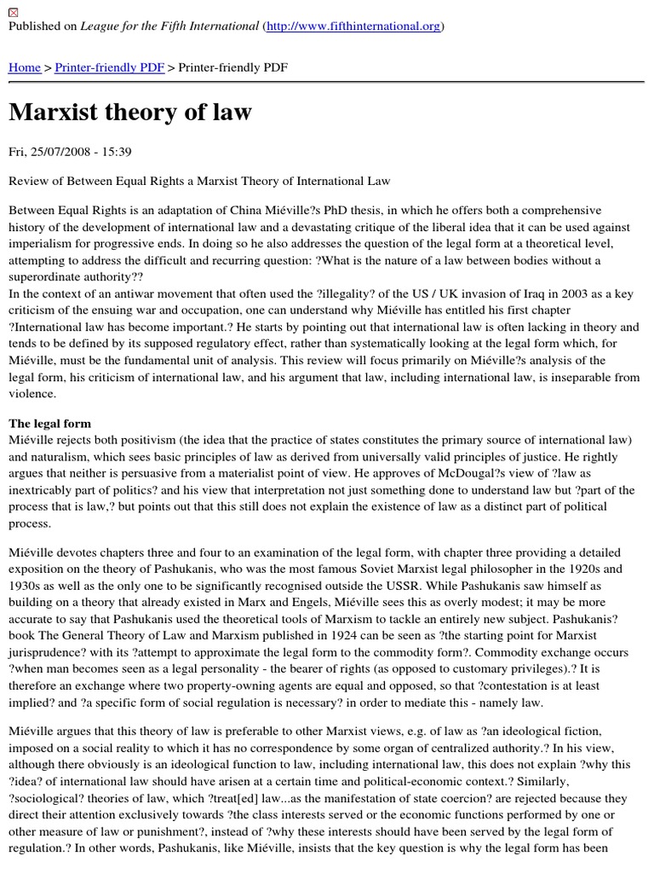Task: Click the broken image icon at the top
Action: pyautogui.click(x=13, y=10)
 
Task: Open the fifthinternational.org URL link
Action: pyautogui.click(x=353, y=26)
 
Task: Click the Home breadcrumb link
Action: pyautogui.click(x=25, y=67)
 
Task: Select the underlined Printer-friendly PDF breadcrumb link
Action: pyautogui.click(x=110, y=67)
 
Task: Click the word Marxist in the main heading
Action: pyautogui.click(x=64, y=113)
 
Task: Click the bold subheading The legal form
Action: pyautogui.click(x=49, y=424)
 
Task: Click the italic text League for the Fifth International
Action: pyautogui.click(x=170, y=26)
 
